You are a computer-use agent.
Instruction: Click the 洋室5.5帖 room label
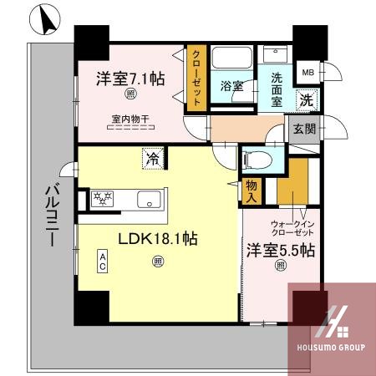click(281, 250)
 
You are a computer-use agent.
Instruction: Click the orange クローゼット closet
click(196, 78)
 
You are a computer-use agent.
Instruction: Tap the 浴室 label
click(231, 85)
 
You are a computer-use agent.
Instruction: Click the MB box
click(307, 73)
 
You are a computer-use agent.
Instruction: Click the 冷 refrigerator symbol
click(153, 155)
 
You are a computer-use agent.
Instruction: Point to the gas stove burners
click(101, 200)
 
